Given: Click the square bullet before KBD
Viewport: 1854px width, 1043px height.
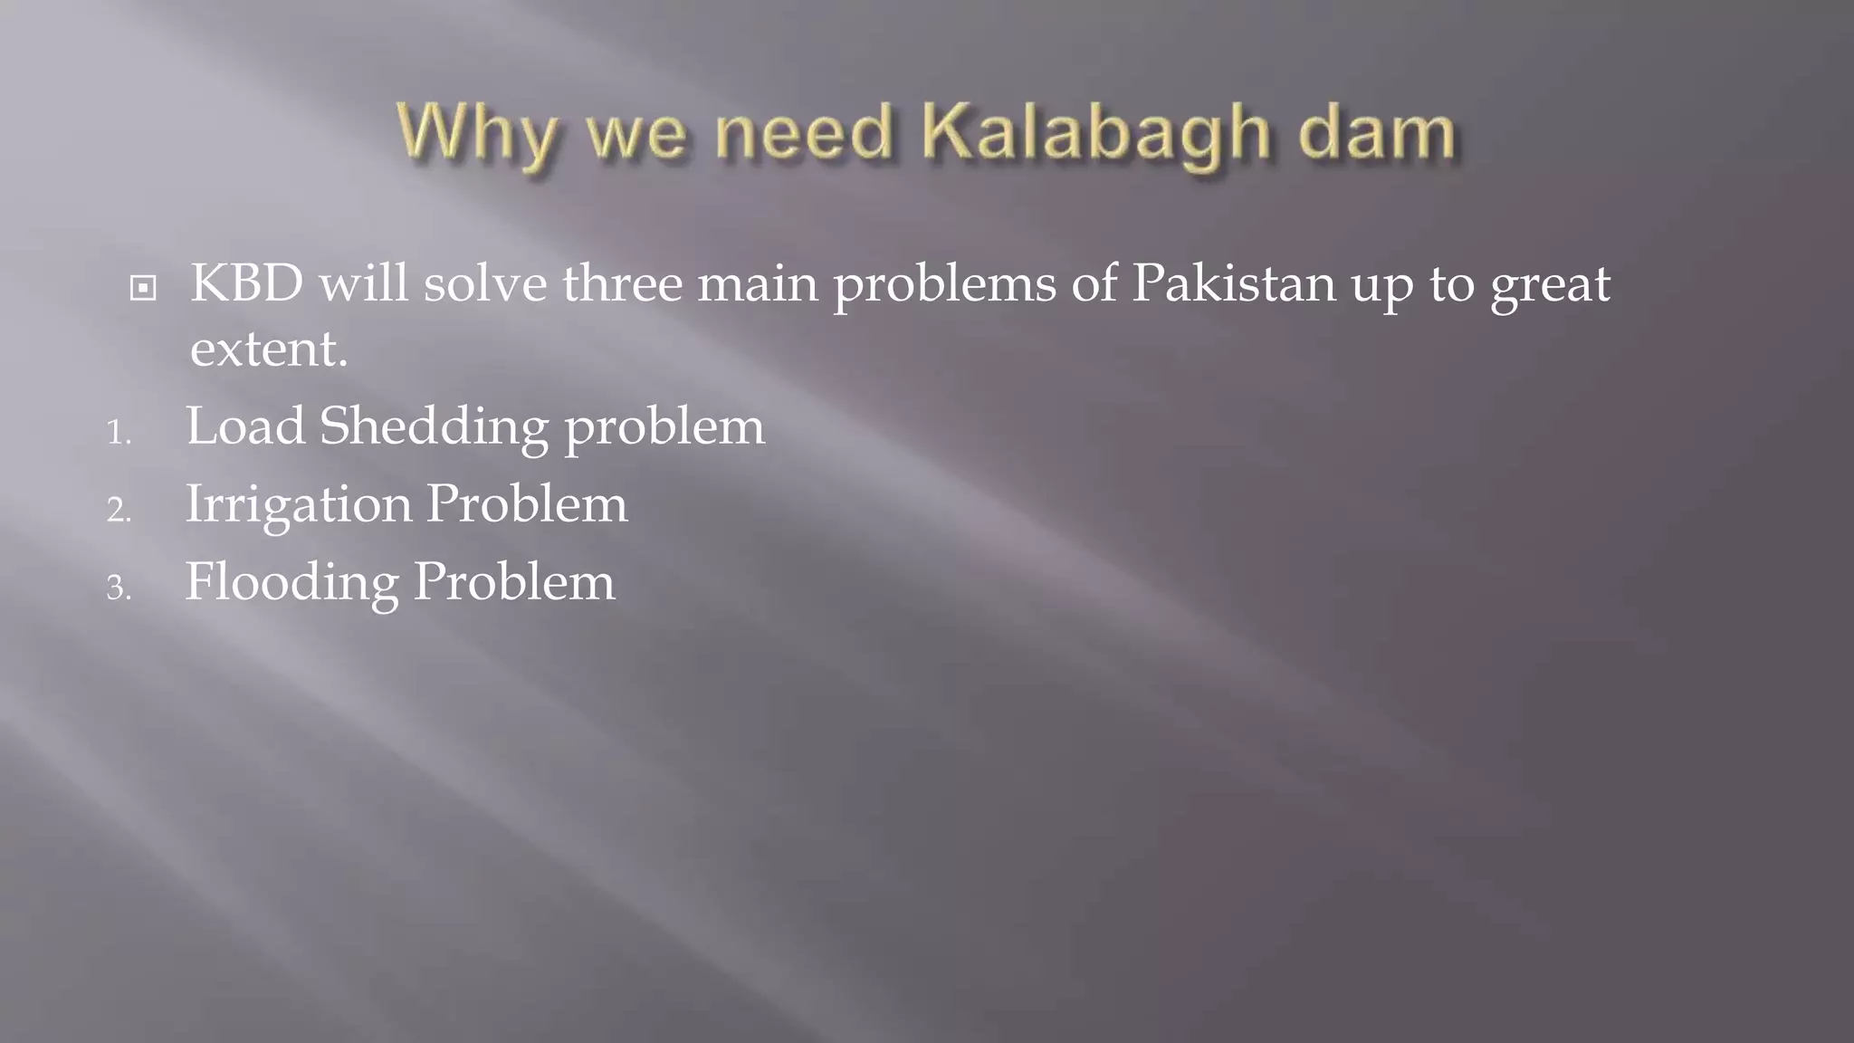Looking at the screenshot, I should [x=143, y=289].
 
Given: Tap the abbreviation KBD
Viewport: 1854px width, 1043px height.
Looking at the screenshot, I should [x=246, y=283].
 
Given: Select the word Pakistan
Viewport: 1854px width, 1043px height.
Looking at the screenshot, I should [x=1234, y=283].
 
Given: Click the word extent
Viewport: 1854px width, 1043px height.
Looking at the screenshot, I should [x=268, y=349].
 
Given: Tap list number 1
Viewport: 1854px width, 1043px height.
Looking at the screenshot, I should [x=119, y=433].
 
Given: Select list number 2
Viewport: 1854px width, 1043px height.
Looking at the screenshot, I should [x=119, y=511].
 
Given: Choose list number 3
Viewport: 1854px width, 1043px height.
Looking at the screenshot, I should [x=119, y=588].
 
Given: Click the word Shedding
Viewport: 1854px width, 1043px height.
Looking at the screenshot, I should [x=434, y=426].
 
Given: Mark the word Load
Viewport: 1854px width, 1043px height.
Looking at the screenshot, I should [x=245, y=426].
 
